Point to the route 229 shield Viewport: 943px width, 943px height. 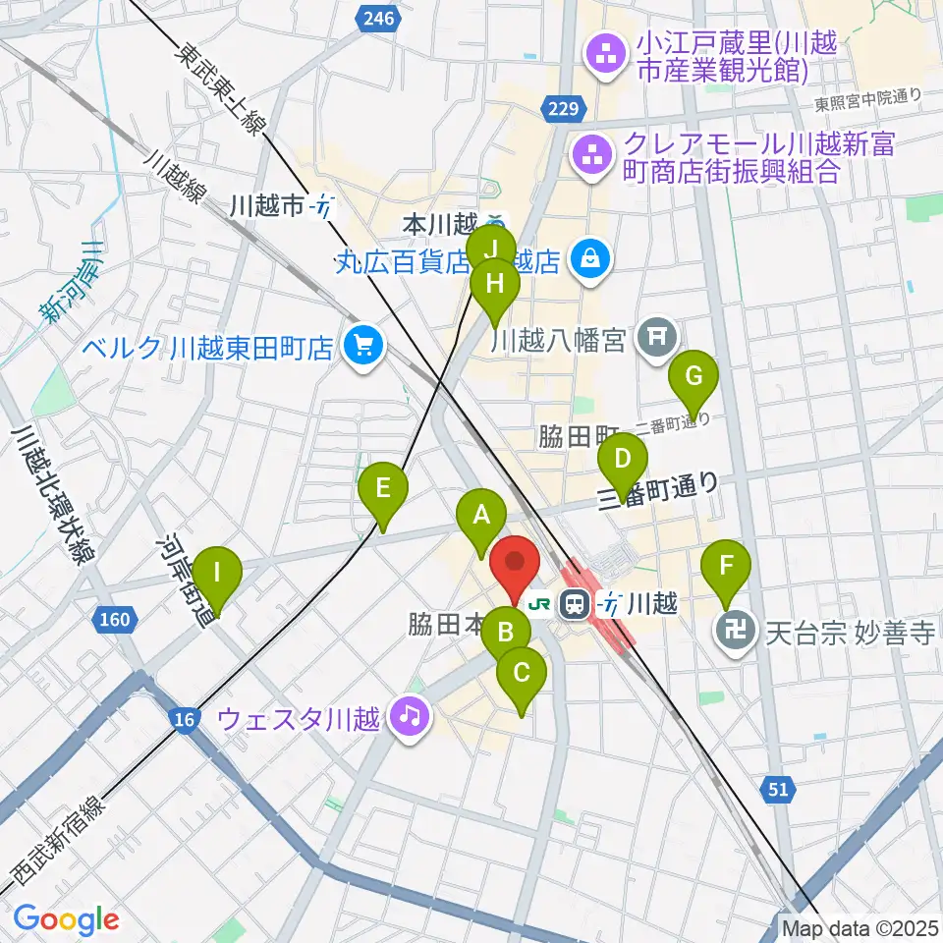[566, 107]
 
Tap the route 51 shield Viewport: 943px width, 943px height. [778, 788]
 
